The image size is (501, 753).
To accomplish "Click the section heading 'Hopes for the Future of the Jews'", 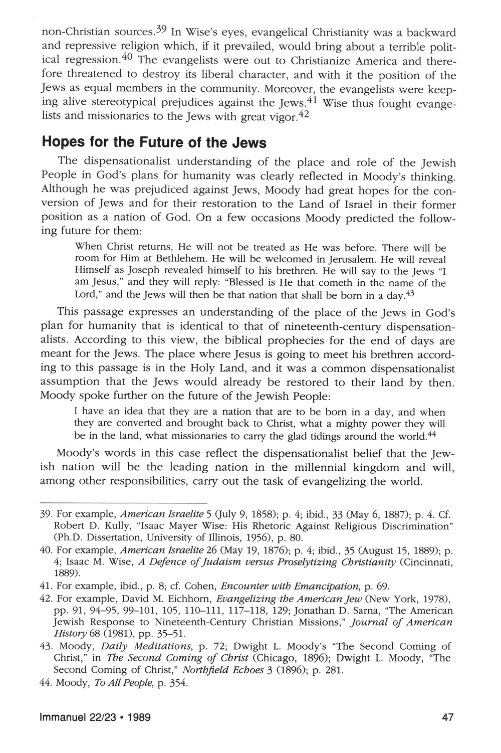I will (154, 142).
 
